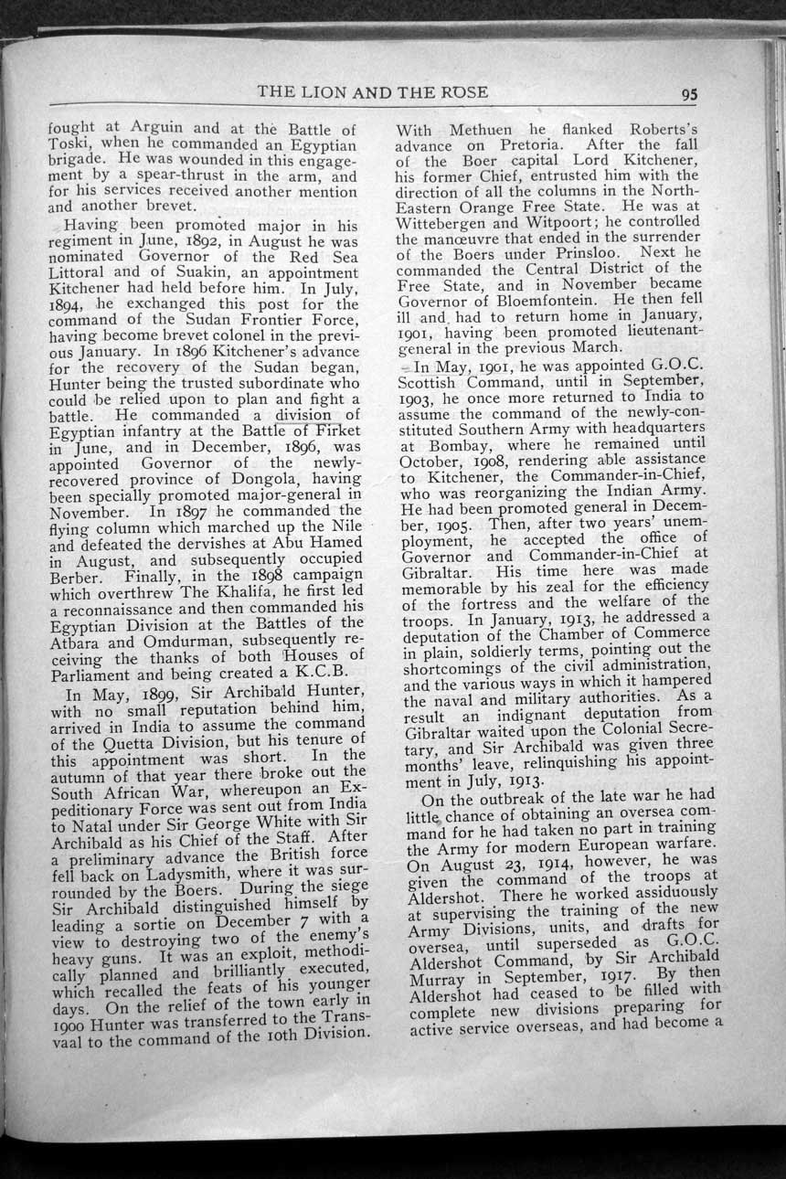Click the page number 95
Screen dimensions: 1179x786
coord(689,93)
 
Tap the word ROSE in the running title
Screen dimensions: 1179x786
coord(464,91)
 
